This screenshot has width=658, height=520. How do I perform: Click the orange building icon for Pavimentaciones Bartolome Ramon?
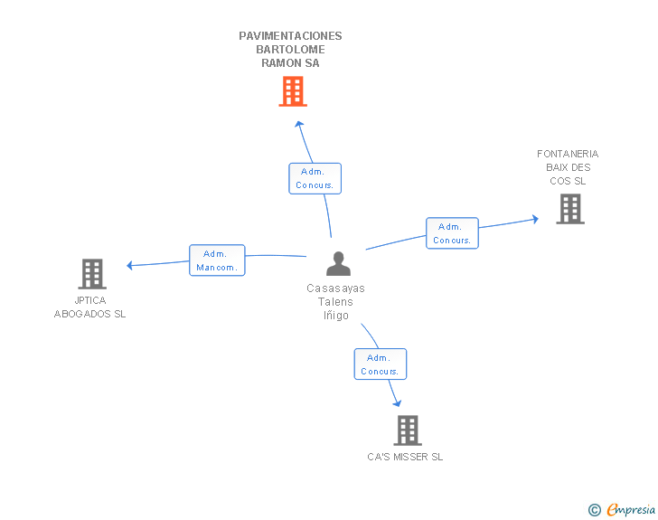coord(292,91)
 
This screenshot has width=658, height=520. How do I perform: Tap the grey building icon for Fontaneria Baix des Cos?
coord(569,209)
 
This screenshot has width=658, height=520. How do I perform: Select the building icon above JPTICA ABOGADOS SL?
coord(92,273)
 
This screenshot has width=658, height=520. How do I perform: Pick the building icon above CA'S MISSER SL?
coord(408,430)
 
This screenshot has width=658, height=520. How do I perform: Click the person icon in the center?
coord(338,263)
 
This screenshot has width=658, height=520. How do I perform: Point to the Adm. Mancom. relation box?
coord(217,260)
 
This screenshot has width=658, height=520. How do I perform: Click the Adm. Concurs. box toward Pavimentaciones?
coord(315,178)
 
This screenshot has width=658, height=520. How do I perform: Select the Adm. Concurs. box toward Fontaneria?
coord(452,233)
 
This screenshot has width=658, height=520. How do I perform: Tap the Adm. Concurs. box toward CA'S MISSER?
coord(380,364)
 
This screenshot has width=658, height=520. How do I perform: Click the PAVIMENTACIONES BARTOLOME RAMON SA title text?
coord(290,50)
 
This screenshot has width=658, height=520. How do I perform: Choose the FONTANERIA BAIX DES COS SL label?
coord(568,167)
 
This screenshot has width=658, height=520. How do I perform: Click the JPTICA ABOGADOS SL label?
coord(90,307)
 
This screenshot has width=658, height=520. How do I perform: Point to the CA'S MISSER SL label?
coord(405,458)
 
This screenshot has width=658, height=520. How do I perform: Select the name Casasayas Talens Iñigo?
coord(336,302)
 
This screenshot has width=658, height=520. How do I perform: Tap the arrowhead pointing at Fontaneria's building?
coord(535,219)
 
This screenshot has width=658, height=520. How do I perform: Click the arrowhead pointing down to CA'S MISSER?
coord(396,402)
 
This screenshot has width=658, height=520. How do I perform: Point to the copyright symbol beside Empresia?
coord(595,510)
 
